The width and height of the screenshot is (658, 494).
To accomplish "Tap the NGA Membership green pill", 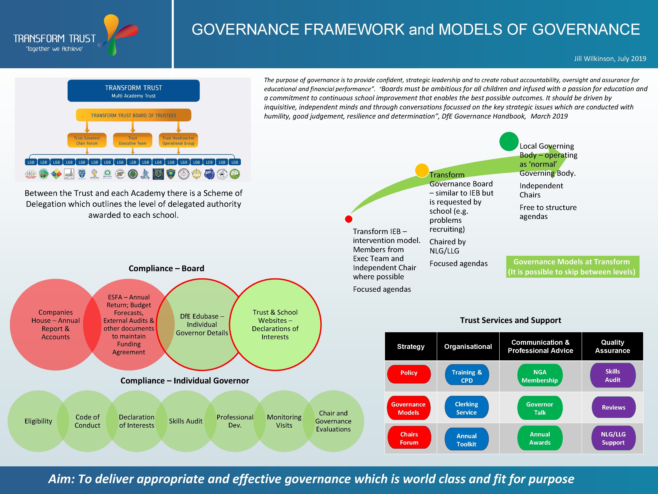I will (540, 376).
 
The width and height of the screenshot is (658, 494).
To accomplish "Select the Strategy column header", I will (410, 346).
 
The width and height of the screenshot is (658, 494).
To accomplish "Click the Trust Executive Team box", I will (133, 140).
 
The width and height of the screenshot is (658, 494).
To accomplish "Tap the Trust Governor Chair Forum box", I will (87, 140).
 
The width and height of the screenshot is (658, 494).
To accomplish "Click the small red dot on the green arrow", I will (349, 219).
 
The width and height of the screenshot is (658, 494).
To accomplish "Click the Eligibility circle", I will (38, 421).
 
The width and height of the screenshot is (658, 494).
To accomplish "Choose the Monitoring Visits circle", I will (284, 421).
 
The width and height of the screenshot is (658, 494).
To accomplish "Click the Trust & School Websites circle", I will (275, 325).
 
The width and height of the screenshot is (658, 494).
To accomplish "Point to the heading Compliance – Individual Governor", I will (184, 381).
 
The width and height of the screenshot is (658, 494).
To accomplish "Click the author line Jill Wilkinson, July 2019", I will (610, 59).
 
